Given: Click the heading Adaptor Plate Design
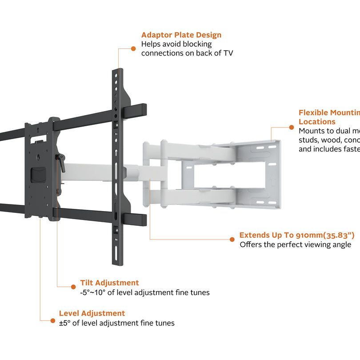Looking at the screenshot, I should (181, 35).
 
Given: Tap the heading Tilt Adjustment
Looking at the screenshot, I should (109, 283).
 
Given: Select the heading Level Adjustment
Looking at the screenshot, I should (92, 313).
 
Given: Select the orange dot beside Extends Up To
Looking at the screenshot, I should (232, 239).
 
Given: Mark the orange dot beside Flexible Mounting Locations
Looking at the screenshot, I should (291, 127).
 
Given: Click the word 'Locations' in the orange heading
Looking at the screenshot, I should (317, 121).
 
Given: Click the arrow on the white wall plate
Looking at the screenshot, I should (273, 179).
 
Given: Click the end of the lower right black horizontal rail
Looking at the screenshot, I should (143, 219).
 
